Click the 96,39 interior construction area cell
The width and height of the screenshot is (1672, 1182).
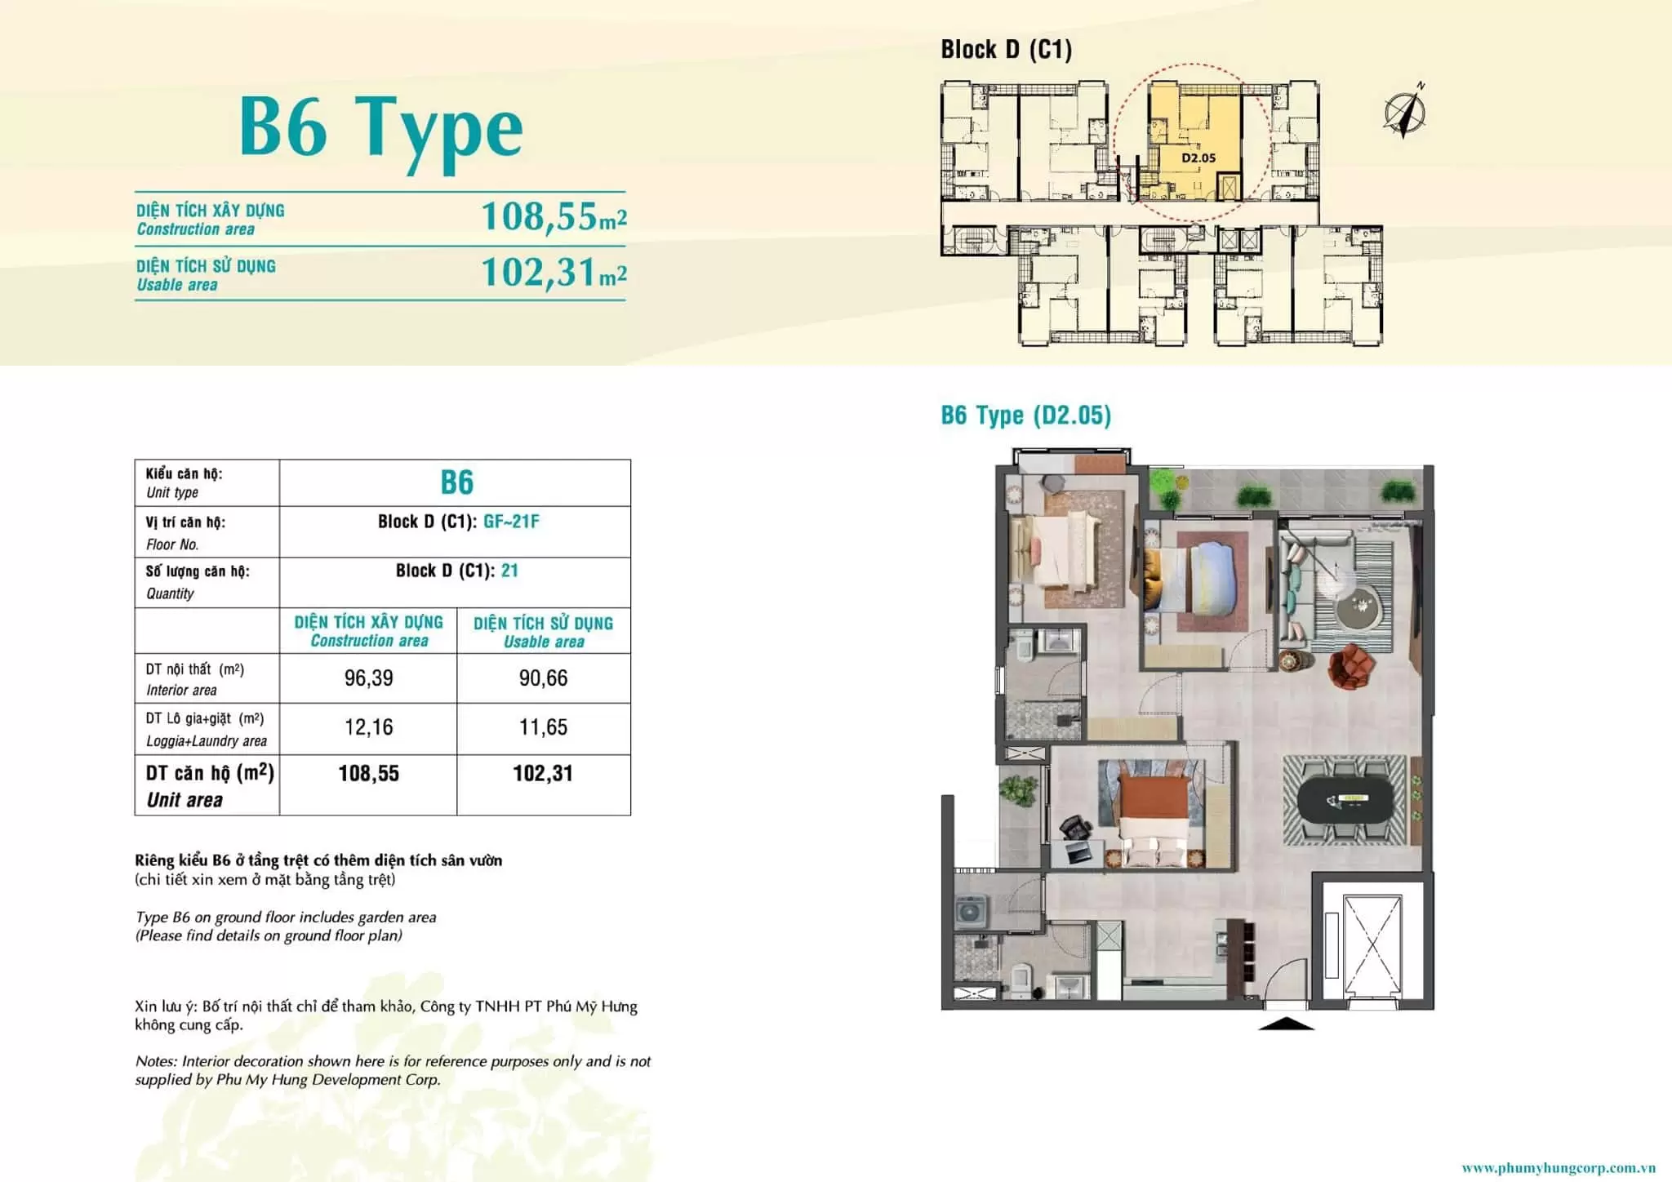point(368,678)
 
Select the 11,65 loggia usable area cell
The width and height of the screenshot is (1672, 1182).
point(543,727)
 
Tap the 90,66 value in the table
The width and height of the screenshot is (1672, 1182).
point(543,678)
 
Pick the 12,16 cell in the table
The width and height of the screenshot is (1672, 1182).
point(368,727)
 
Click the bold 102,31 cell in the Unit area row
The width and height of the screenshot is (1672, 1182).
point(543,774)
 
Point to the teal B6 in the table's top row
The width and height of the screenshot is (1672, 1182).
point(457,482)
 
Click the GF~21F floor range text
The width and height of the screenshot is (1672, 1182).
point(511,522)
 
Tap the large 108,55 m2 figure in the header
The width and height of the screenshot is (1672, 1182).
point(554,217)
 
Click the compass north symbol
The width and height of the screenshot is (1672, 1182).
point(1405,111)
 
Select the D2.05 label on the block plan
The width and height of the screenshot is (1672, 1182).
point(1198,158)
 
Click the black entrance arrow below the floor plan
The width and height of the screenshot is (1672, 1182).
point(1286,1024)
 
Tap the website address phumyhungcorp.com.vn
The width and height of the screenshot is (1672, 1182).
point(1559,1168)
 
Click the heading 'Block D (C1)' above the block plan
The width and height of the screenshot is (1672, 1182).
point(1006,50)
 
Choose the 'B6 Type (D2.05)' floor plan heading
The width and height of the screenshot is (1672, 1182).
point(1025,415)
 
